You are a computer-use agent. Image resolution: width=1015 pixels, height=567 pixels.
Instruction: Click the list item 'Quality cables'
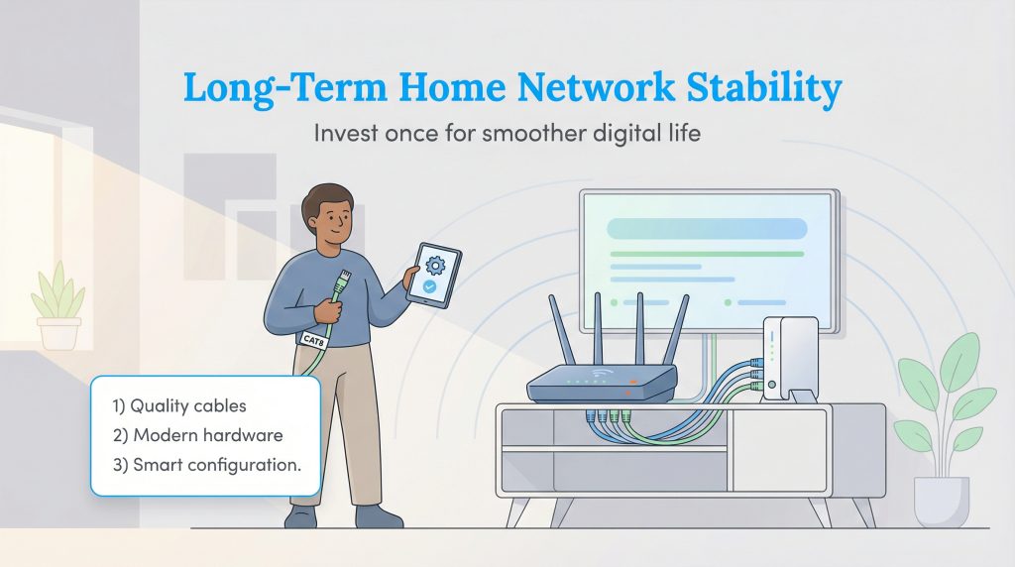[181, 405]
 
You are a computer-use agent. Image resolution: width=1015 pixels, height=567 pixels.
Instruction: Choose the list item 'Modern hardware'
[196, 435]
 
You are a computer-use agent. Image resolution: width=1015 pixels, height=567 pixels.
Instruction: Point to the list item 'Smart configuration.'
[204, 465]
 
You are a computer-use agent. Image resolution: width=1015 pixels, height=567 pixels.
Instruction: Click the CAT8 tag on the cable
[314, 339]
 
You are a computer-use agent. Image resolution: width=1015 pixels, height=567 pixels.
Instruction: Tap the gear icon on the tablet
[434, 265]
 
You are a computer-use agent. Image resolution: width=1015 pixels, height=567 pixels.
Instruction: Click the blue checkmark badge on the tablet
[429, 286]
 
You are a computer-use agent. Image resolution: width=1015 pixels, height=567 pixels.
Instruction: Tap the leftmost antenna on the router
[561, 328]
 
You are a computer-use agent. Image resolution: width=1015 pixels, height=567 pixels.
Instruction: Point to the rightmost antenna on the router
[678, 328]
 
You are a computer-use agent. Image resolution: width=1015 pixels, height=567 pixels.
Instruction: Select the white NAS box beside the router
[790, 357]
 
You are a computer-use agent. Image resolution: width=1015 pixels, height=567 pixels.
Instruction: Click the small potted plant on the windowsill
[58, 308]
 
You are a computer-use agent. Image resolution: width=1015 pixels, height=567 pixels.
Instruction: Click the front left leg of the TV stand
[516, 511]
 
